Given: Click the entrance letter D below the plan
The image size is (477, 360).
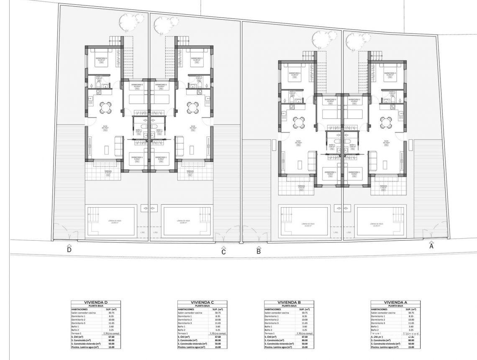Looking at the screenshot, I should (x=69, y=250).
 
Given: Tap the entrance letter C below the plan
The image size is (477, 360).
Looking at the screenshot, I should (x=223, y=252).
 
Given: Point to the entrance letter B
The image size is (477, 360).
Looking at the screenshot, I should (x=259, y=252).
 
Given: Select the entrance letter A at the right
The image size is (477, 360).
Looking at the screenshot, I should (x=431, y=247).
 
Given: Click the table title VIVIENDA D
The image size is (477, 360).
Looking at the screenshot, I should (x=96, y=302).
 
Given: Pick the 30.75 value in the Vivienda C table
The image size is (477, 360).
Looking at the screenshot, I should (x=218, y=313).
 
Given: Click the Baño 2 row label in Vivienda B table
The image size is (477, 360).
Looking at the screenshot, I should (x=269, y=330).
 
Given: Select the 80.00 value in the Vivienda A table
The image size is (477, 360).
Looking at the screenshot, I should (x=411, y=340).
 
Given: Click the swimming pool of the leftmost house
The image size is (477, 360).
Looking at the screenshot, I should (x=111, y=221).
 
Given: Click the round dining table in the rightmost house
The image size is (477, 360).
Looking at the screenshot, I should (x=386, y=122).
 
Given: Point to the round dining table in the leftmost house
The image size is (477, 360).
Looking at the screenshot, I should (x=105, y=108).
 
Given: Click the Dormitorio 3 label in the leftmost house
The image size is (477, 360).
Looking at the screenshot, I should (x=101, y=58).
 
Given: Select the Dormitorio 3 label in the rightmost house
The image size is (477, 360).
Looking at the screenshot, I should (x=390, y=73).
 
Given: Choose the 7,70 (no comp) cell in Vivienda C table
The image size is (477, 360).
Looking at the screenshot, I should (x=217, y=333).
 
